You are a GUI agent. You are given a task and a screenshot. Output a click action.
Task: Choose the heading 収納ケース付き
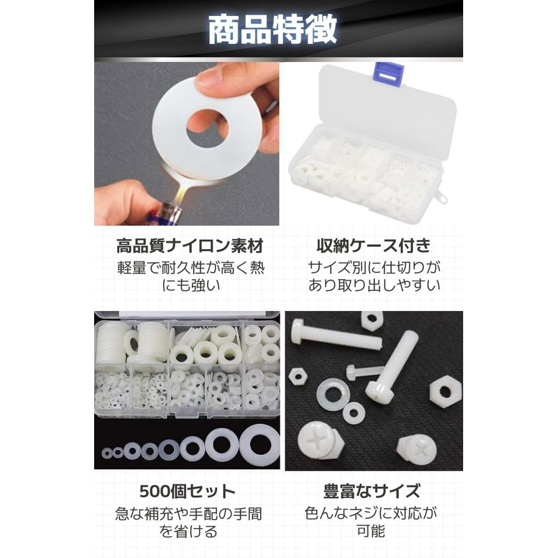(374, 246)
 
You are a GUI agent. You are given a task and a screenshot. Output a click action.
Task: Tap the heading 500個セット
(186, 490)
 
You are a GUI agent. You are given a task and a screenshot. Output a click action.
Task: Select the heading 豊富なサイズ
(372, 490)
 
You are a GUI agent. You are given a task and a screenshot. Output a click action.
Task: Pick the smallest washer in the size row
(107, 454)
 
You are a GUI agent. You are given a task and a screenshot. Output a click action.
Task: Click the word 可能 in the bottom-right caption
(373, 531)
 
